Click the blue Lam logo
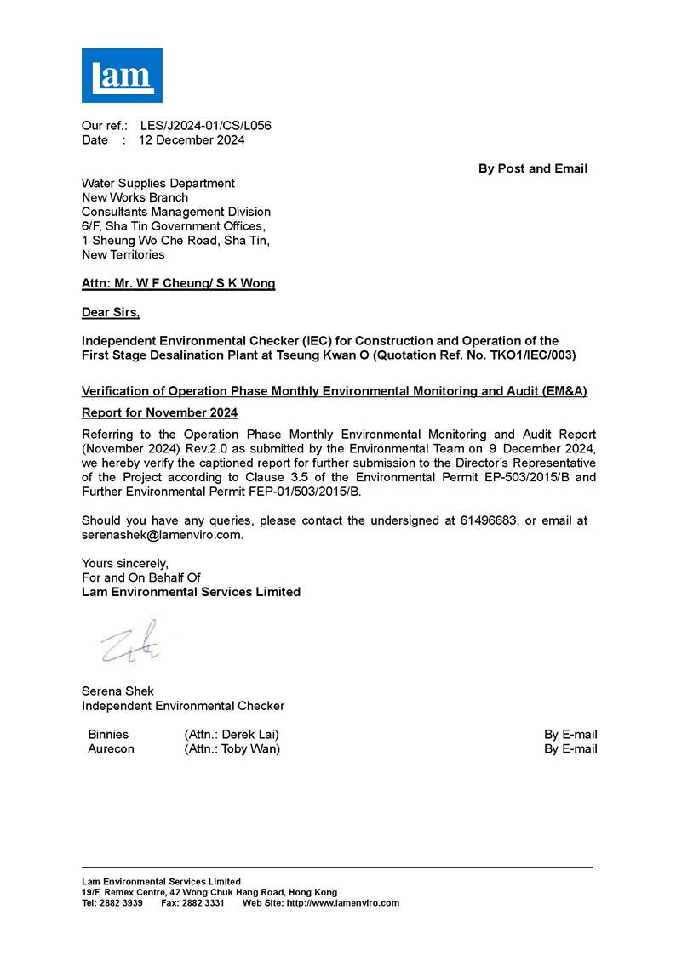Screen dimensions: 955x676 pyautogui.click(x=122, y=75)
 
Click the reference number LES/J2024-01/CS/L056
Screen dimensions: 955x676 pyautogui.click(x=205, y=126)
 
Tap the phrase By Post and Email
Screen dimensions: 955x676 pyautogui.click(x=532, y=168)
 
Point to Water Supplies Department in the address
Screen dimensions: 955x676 pyautogui.click(x=158, y=183)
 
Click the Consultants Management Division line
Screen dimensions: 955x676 pyautogui.click(x=175, y=212)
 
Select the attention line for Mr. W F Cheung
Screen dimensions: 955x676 pyautogui.click(x=178, y=284)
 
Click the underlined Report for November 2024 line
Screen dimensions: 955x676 pyautogui.click(x=159, y=412)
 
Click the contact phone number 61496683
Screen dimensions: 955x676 pyautogui.click(x=481, y=520)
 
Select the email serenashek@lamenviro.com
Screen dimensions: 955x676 pyautogui.click(x=162, y=535)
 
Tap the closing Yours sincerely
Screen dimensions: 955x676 pyautogui.click(x=124, y=563)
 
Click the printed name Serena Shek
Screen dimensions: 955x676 pyautogui.click(x=117, y=691)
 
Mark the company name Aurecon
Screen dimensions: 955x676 pyautogui.click(x=111, y=749)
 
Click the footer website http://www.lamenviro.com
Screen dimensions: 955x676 pyautogui.click(x=344, y=903)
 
